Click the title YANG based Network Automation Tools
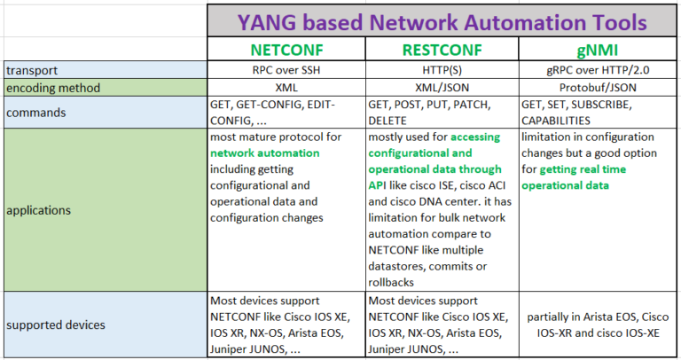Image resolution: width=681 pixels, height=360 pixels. click(x=442, y=22)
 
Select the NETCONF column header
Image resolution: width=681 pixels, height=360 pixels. click(x=286, y=50)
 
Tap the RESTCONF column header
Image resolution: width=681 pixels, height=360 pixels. click(x=442, y=50)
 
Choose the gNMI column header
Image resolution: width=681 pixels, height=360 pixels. click(x=597, y=50)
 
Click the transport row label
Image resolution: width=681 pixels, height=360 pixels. click(x=32, y=70)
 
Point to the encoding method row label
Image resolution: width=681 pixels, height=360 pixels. click(x=53, y=88)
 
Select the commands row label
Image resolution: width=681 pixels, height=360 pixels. click(x=36, y=113)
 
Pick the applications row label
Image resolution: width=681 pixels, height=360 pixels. click(x=38, y=210)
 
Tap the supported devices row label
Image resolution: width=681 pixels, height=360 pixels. click(x=56, y=325)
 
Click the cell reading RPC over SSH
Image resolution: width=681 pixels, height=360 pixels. click(x=286, y=70)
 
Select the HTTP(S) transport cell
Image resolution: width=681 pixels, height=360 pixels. click(x=442, y=70)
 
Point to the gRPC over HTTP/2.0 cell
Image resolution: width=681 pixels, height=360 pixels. click(x=598, y=70)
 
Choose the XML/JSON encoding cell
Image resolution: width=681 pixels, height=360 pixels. click(x=442, y=87)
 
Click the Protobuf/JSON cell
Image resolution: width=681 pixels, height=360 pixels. click(x=598, y=87)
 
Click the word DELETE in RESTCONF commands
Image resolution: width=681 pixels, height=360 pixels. click(x=387, y=121)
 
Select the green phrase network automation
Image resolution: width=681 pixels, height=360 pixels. click(x=265, y=153)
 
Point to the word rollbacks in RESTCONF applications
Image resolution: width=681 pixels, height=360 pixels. click(x=391, y=283)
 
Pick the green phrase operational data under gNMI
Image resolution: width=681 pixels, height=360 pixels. click(x=565, y=185)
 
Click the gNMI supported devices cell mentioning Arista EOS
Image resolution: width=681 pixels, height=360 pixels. click(x=598, y=325)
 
